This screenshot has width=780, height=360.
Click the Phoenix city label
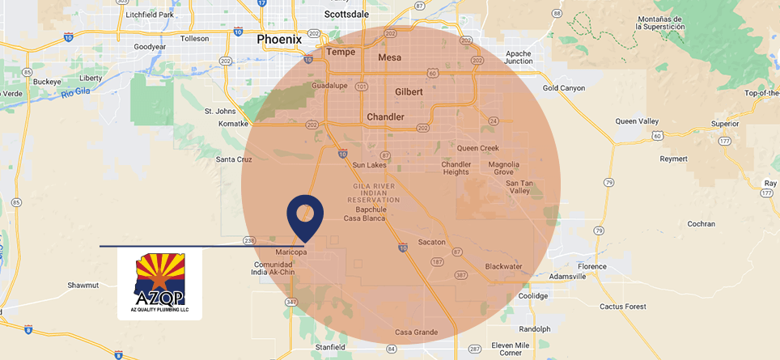278,39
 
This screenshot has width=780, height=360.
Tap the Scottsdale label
345,14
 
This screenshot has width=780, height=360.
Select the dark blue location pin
305,215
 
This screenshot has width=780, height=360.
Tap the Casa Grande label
416,332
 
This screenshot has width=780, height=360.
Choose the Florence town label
591,266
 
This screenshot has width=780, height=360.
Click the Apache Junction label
518,57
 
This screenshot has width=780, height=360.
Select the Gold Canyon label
563,87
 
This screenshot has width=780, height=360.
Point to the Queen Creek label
478,148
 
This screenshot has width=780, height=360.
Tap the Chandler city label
385,117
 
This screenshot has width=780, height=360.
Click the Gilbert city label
409,92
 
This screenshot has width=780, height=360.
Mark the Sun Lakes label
369,165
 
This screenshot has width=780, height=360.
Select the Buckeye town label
48,82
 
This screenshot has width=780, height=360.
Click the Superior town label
724,124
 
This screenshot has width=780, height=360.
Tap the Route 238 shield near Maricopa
249,240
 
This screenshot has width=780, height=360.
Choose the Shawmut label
83,285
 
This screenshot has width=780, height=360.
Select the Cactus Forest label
623,307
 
